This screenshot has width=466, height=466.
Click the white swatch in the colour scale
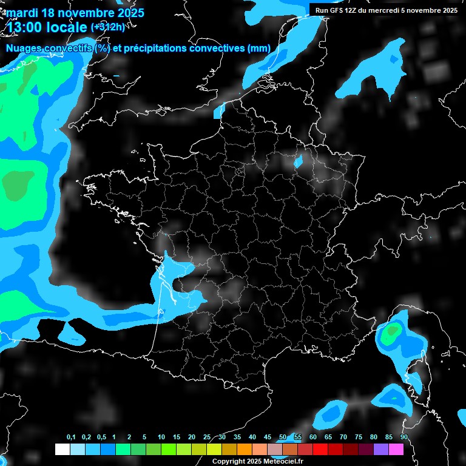tap(62, 449)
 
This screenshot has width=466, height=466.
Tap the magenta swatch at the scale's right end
tap(396, 449)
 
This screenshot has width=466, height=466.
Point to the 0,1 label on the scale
tap(70, 437)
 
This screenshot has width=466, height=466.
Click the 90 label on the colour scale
tap(404, 437)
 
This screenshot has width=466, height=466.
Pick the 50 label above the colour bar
tap(283, 437)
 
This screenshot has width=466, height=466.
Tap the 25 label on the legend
tap(207, 437)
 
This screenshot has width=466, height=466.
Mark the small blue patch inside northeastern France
tap(299, 162)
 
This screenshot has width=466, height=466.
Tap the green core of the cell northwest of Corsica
tap(393, 331)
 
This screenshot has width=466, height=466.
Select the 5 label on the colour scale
tap(144, 437)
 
